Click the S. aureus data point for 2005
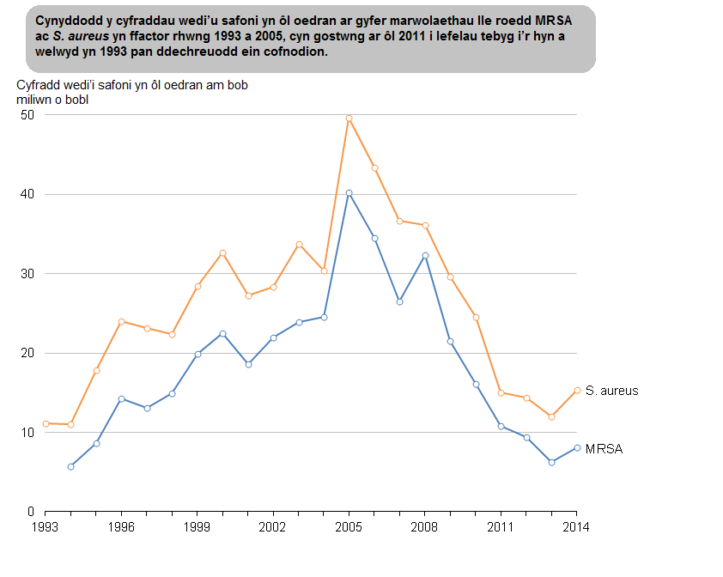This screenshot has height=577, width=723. pyautogui.click(x=349, y=118)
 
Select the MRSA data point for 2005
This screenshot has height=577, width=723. pyautogui.click(x=349, y=193)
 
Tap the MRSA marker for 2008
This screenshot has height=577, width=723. pyautogui.click(x=425, y=256)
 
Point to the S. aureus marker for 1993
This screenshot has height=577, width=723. pyautogui.click(x=45, y=423)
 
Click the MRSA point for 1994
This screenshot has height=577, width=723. pyautogui.click(x=70, y=466)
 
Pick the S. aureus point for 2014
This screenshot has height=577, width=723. pyautogui.click(x=577, y=390)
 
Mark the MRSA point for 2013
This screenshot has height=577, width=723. pyautogui.click(x=551, y=462)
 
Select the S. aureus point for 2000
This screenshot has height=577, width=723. pyautogui.click(x=222, y=252)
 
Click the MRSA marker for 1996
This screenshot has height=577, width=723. pyautogui.click(x=121, y=398)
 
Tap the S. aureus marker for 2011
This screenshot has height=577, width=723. pyautogui.click(x=501, y=392)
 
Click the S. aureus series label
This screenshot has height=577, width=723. pyautogui.click(x=611, y=391)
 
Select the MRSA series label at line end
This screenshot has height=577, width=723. pyautogui.click(x=604, y=448)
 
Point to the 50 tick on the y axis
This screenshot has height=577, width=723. pyautogui.click(x=28, y=115)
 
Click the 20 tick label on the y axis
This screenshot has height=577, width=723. pyautogui.click(x=28, y=353)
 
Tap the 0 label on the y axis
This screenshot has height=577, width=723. pyautogui.click(x=32, y=512)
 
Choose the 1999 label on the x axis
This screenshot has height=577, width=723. pyautogui.click(x=197, y=526)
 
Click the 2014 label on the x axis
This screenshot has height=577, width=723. pyautogui.click(x=576, y=526)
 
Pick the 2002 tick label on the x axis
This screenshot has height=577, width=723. pyautogui.click(x=273, y=526)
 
